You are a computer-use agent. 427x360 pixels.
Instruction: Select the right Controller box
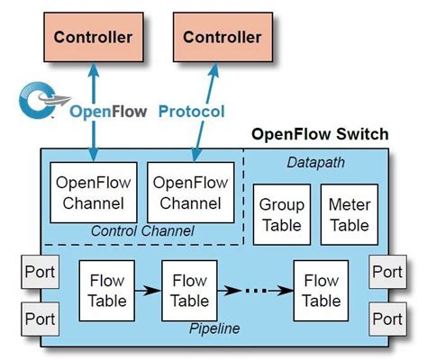[x=223, y=38]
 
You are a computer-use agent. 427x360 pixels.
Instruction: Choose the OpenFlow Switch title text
[x=319, y=135]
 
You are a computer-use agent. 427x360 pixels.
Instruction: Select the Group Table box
[x=281, y=214]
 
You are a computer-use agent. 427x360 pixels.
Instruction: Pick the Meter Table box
[x=349, y=214]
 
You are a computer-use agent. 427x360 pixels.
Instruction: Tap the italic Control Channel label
[x=141, y=231]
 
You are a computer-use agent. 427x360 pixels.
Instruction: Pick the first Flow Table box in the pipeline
[x=107, y=291]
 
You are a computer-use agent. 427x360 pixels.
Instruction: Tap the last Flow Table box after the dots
[x=322, y=291]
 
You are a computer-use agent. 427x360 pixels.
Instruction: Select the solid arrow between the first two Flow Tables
[x=149, y=291]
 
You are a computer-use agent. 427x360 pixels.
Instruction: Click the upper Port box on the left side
[x=39, y=271]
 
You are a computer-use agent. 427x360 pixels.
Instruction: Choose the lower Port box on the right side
[x=386, y=318]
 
